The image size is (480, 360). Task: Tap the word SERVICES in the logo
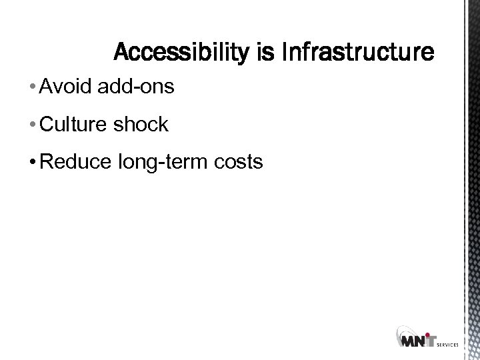449,345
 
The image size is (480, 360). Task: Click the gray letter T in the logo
433,342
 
